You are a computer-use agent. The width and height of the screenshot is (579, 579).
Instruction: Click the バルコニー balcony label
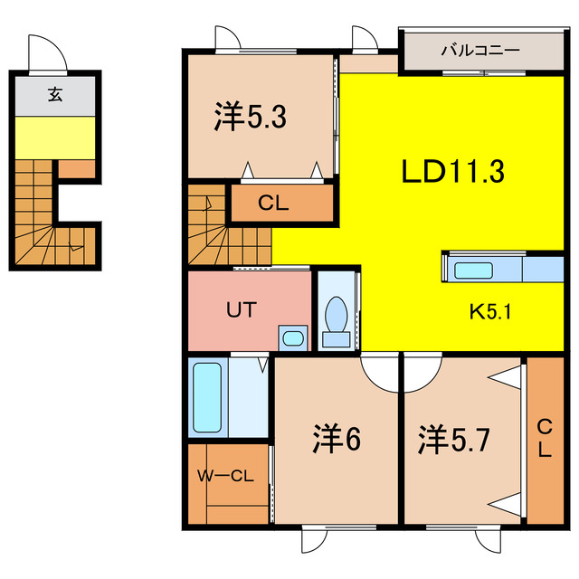(479, 50)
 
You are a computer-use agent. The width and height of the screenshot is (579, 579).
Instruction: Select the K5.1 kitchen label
(490, 313)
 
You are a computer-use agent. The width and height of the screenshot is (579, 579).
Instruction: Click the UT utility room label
(241, 309)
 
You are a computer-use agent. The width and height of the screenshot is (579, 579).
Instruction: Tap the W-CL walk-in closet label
(225, 475)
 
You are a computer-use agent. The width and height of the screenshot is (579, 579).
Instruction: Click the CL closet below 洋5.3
(272, 204)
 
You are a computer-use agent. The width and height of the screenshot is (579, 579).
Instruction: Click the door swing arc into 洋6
(379, 370)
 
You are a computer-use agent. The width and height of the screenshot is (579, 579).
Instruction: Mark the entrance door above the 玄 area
(48, 53)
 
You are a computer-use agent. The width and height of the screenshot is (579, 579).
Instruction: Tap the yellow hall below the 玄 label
(54, 137)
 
